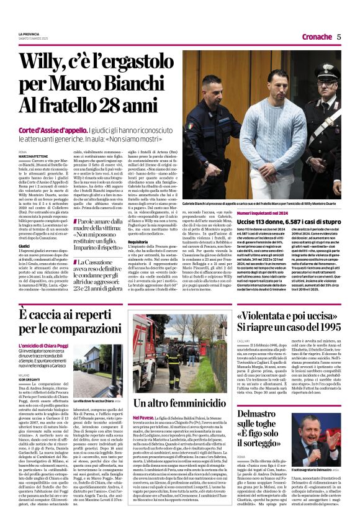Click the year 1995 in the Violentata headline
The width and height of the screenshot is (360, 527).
[325, 327]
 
